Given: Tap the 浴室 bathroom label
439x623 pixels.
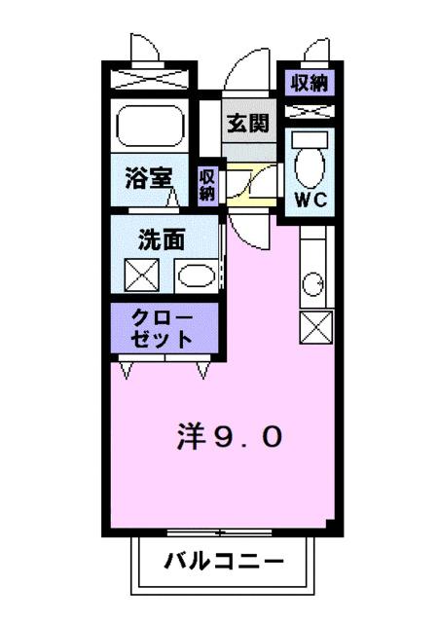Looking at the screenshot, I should coord(149,179).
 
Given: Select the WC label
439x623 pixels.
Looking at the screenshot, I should coord(311,202).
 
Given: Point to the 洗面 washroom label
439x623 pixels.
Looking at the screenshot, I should coord(159,239).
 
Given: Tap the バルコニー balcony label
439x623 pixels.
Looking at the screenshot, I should coord(224,562).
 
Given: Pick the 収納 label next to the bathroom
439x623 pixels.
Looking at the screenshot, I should coord(206,184).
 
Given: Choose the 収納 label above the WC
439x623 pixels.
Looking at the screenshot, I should coord(311,82).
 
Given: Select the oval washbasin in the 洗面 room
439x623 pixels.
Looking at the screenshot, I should coord(197,276).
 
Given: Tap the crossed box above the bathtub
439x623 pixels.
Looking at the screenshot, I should coord(151,79).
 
